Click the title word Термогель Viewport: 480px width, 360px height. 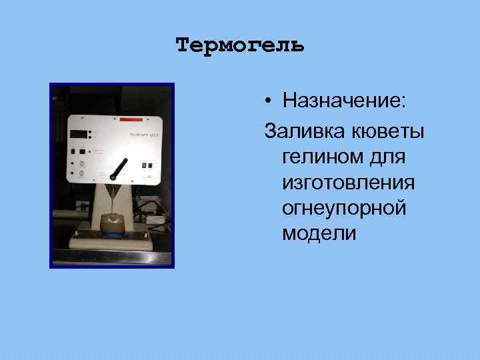pos(240,45)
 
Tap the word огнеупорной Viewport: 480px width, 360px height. pos(343,207)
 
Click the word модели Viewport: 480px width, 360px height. pos(319,234)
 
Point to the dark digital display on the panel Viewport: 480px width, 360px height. pos(80,133)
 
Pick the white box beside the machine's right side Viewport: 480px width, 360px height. pos(158,218)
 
